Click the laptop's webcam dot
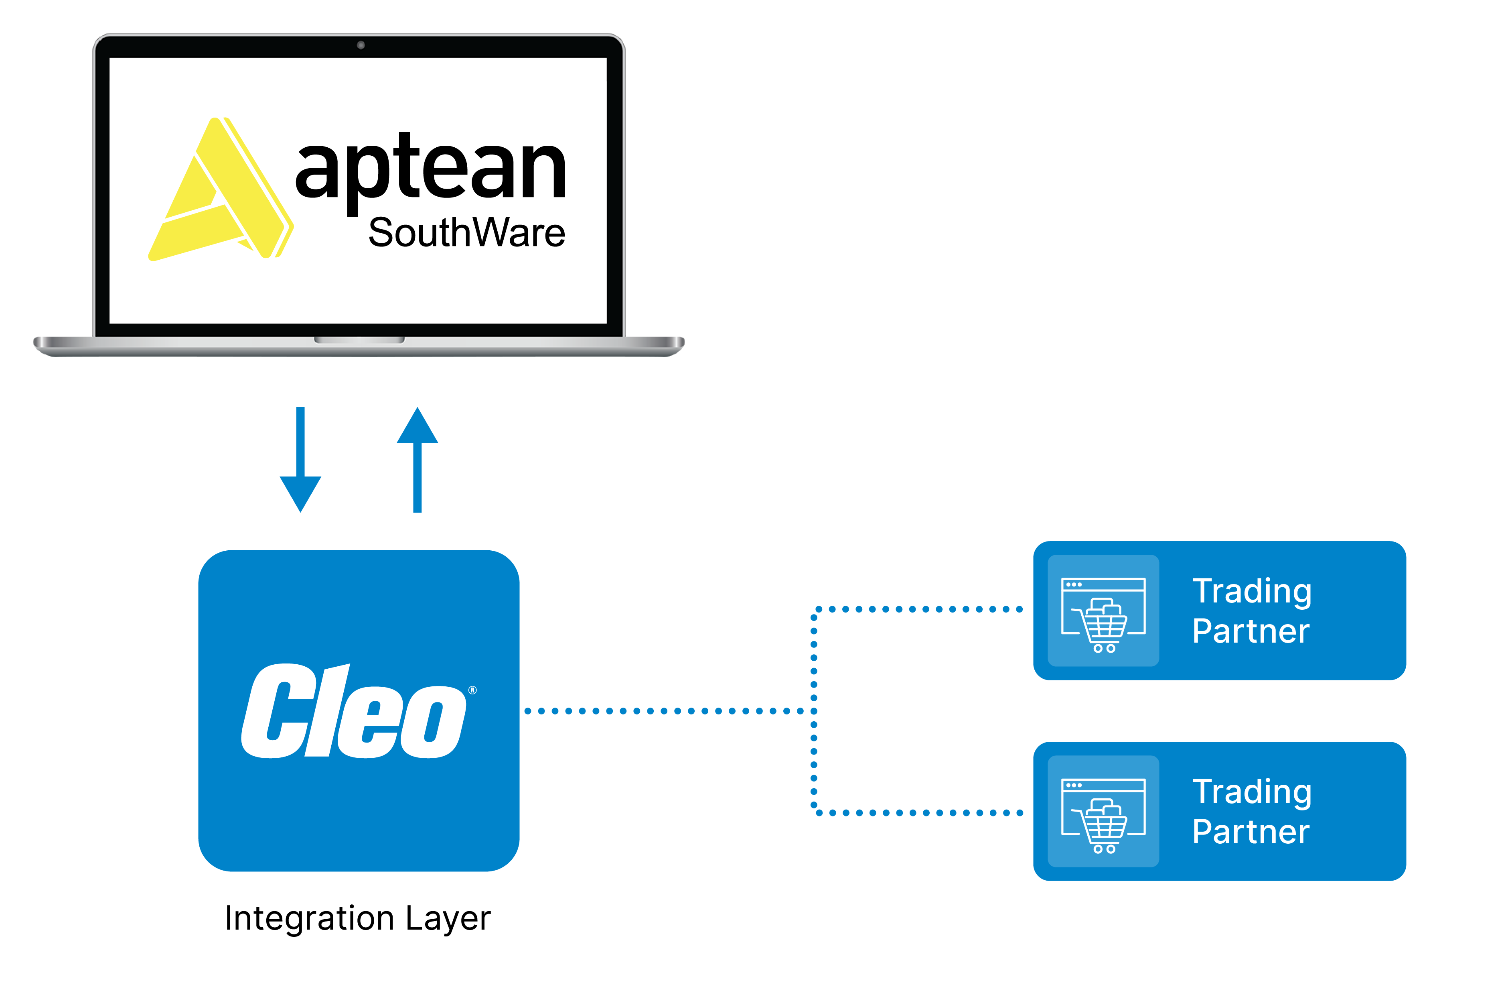tap(361, 45)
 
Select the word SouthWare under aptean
tap(466, 233)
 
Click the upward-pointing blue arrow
tap(417, 455)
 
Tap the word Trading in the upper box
tap(1252, 592)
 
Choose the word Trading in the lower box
tap(1252, 792)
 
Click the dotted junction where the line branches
tap(814, 711)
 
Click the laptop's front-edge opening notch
tap(360, 340)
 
